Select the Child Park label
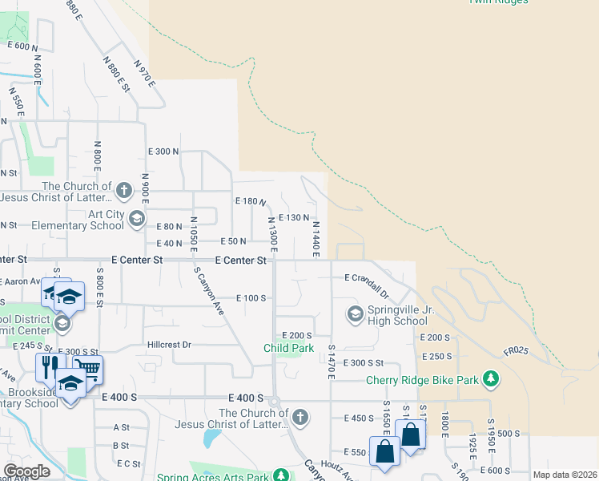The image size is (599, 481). point(289,348)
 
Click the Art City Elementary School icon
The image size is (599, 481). point(136,218)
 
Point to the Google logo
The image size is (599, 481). point(26,471)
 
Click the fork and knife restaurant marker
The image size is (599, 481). point(48,366)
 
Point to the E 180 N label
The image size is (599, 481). point(250,200)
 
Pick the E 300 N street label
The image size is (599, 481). point(163,152)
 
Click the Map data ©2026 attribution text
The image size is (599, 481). point(565,475)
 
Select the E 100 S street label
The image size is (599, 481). point(251,297)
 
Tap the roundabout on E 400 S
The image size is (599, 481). point(274,401)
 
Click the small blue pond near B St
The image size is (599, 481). point(211,438)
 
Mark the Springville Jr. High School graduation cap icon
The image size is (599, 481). point(354,313)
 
